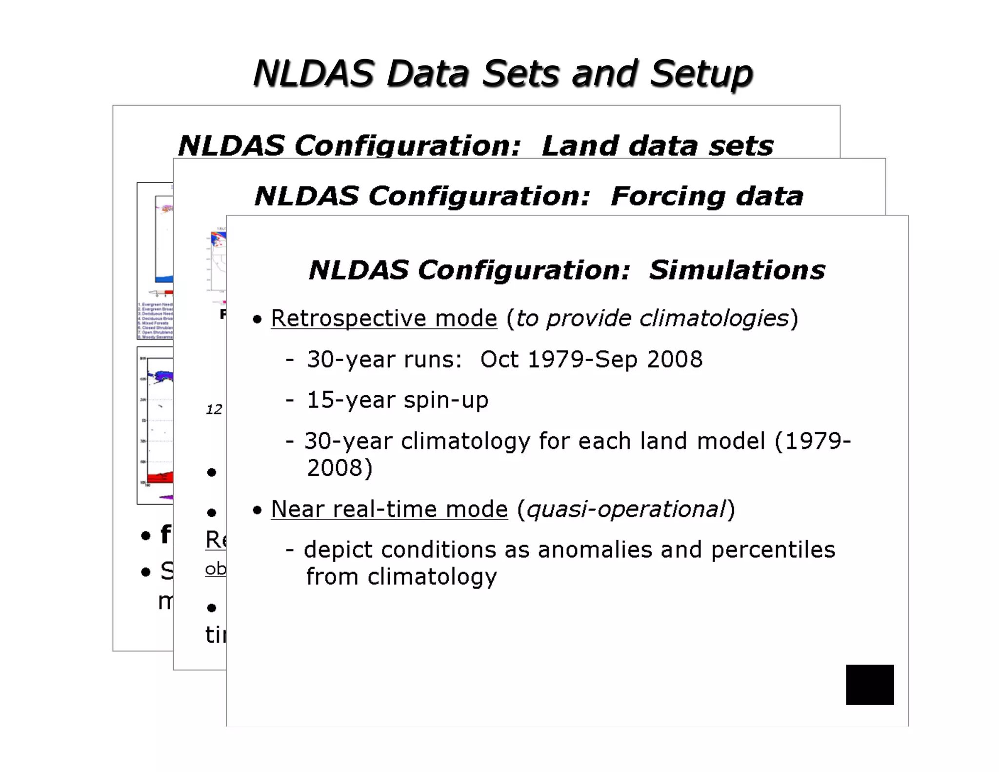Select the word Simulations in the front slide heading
pyautogui.click(x=737, y=270)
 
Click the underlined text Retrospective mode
pyautogui.click(x=384, y=319)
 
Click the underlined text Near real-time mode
pyautogui.click(x=389, y=509)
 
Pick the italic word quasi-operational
pyautogui.click(x=626, y=509)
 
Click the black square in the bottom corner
pyautogui.click(x=870, y=684)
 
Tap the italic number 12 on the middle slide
pyautogui.click(x=214, y=409)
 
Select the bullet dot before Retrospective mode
pyautogui.click(x=258, y=320)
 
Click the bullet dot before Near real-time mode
pyautogui.click(x=258, y=511)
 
